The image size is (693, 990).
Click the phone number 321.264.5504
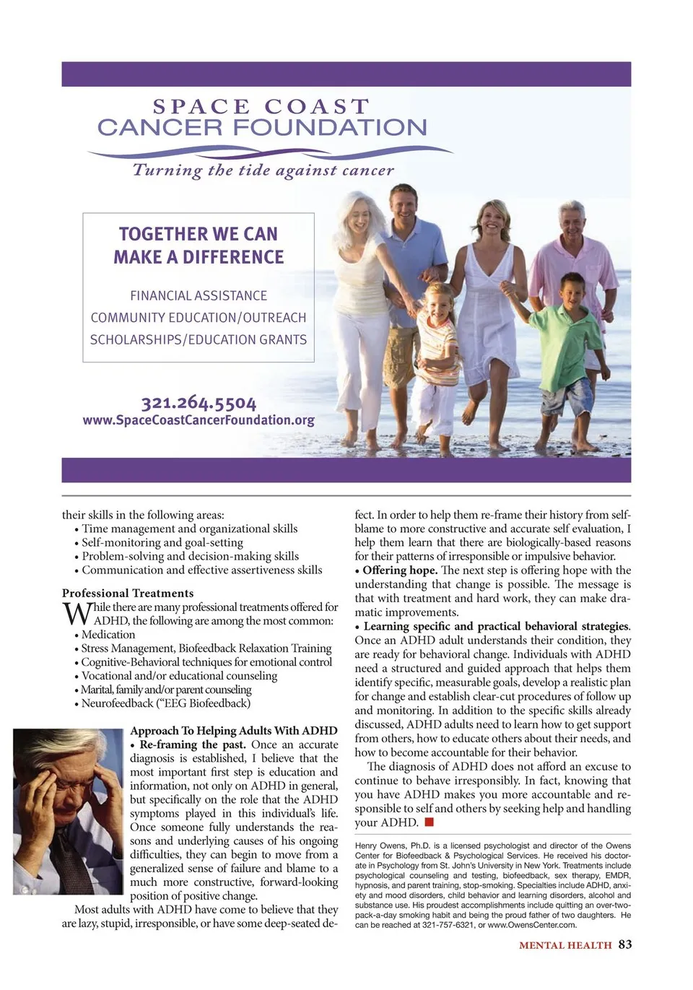199,402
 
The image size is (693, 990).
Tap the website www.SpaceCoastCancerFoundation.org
199,420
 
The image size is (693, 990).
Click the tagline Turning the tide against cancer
263,170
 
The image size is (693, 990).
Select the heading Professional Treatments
128,593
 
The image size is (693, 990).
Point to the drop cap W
76,615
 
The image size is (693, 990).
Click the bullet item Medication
108,635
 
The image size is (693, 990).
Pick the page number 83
625,945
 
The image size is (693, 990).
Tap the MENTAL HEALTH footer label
565,945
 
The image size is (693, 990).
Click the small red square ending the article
429,822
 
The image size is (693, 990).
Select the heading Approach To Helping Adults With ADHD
234,731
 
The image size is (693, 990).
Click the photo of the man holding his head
68,811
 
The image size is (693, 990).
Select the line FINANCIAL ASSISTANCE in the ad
199,295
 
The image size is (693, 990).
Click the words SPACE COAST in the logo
261,106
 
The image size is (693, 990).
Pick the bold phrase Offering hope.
400,570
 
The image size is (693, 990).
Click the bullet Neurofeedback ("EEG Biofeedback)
166,703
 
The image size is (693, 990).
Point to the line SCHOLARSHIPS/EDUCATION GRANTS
199,339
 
